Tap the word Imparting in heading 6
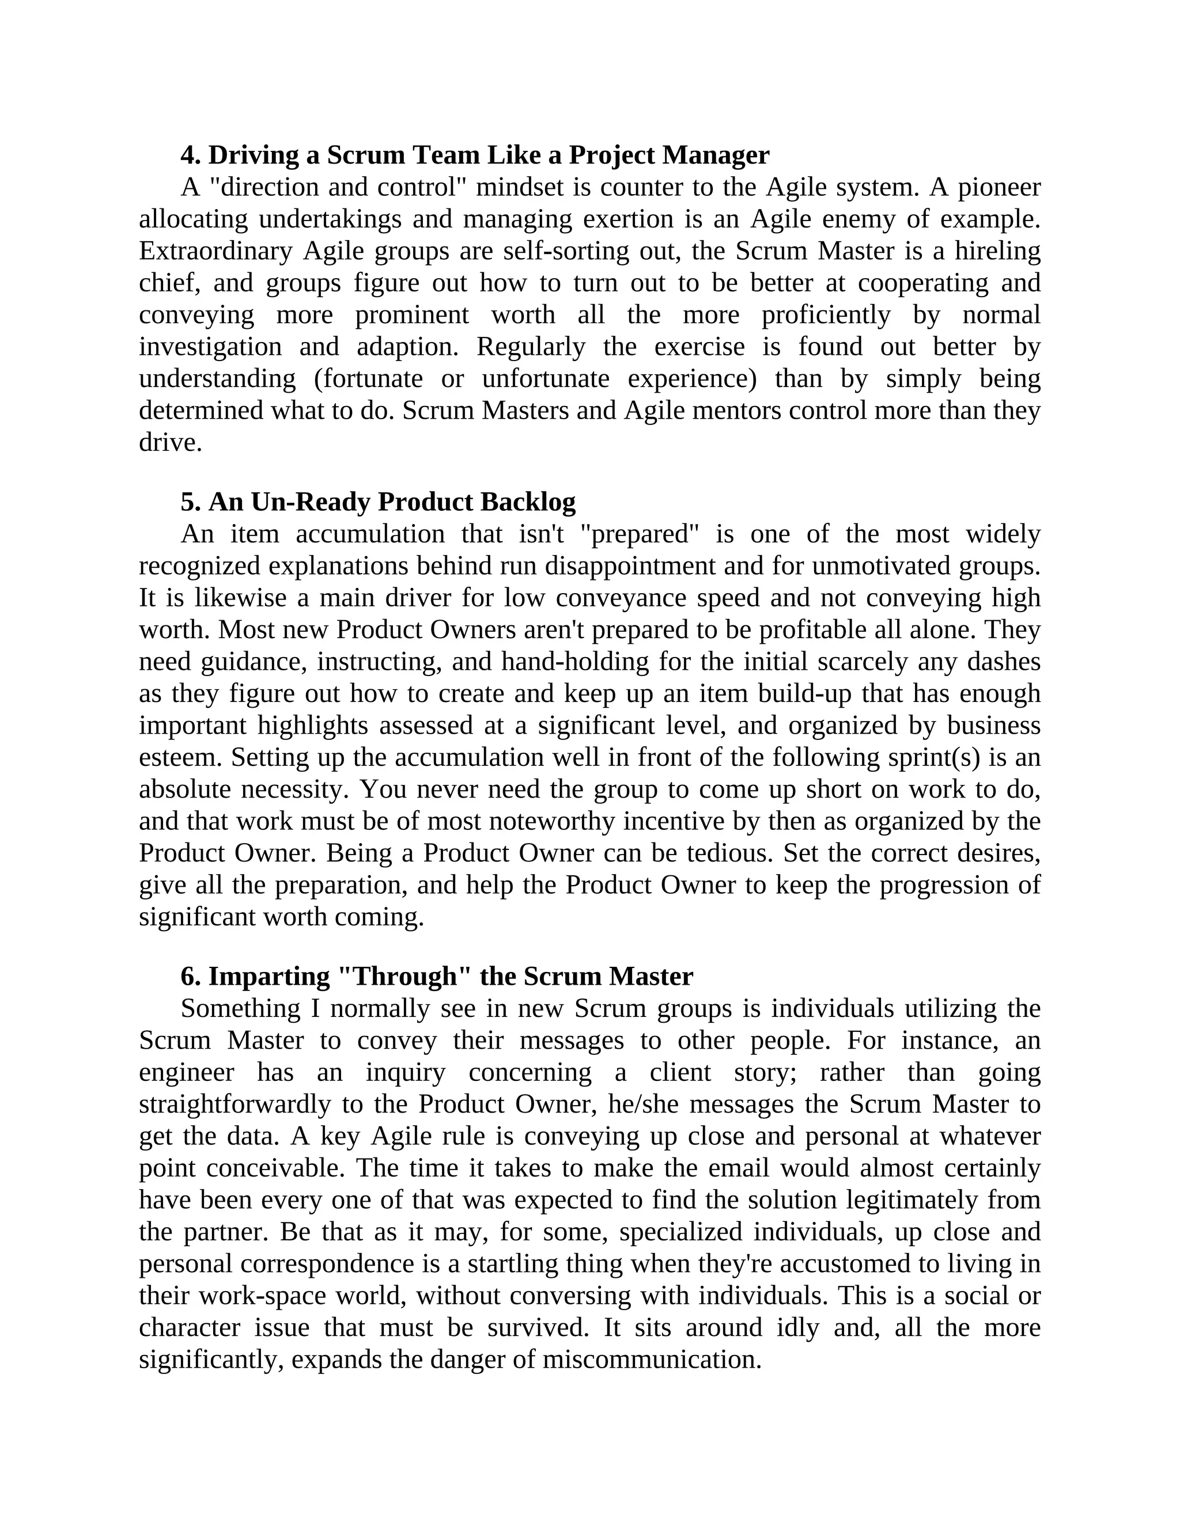[x=269, y=976]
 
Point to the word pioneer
[x=999, y=187]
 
